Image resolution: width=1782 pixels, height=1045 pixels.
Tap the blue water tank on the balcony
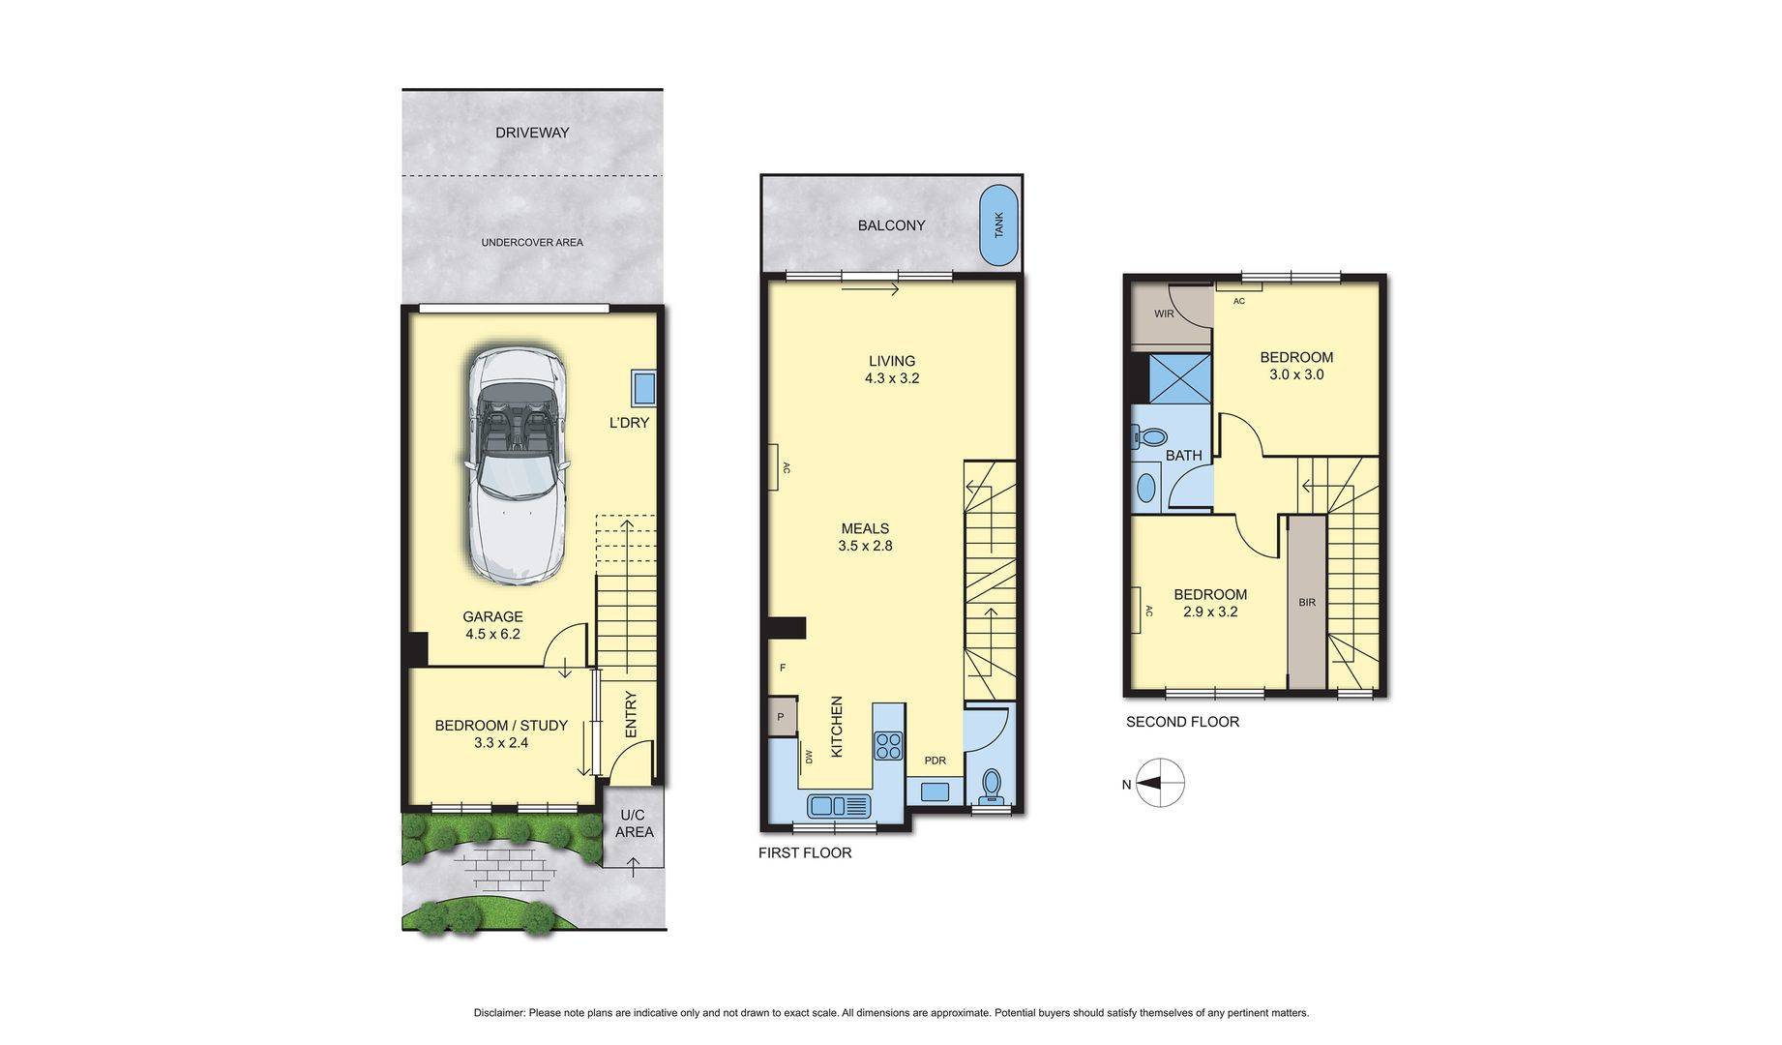(x=998, y=225)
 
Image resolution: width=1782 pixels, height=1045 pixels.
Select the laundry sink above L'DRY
(x=643, y=389)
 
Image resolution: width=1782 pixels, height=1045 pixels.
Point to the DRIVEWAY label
(x=532, y=133)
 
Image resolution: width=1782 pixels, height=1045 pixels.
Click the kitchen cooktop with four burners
(x=888, y=745)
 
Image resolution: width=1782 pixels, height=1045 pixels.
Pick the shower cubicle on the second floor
(x=1179, y=378)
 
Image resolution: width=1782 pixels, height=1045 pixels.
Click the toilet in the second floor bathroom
(x=1147, y=438)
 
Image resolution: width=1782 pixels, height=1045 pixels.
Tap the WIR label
(x=1164, y=313)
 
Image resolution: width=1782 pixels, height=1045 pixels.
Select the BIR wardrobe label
(x=1307, y=602)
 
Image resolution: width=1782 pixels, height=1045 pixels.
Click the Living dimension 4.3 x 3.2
(x=892, y=378)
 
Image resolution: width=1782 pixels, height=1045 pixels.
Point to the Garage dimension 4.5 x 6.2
(x=492, y=634)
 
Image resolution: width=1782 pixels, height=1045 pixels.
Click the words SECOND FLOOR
(x=1182, y=722)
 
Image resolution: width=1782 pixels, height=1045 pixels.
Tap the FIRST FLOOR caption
(x=805, y=852)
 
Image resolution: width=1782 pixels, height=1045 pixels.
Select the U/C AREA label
(x=635, y=823)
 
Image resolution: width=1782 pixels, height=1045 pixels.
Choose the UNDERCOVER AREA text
(x=532, y=242)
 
